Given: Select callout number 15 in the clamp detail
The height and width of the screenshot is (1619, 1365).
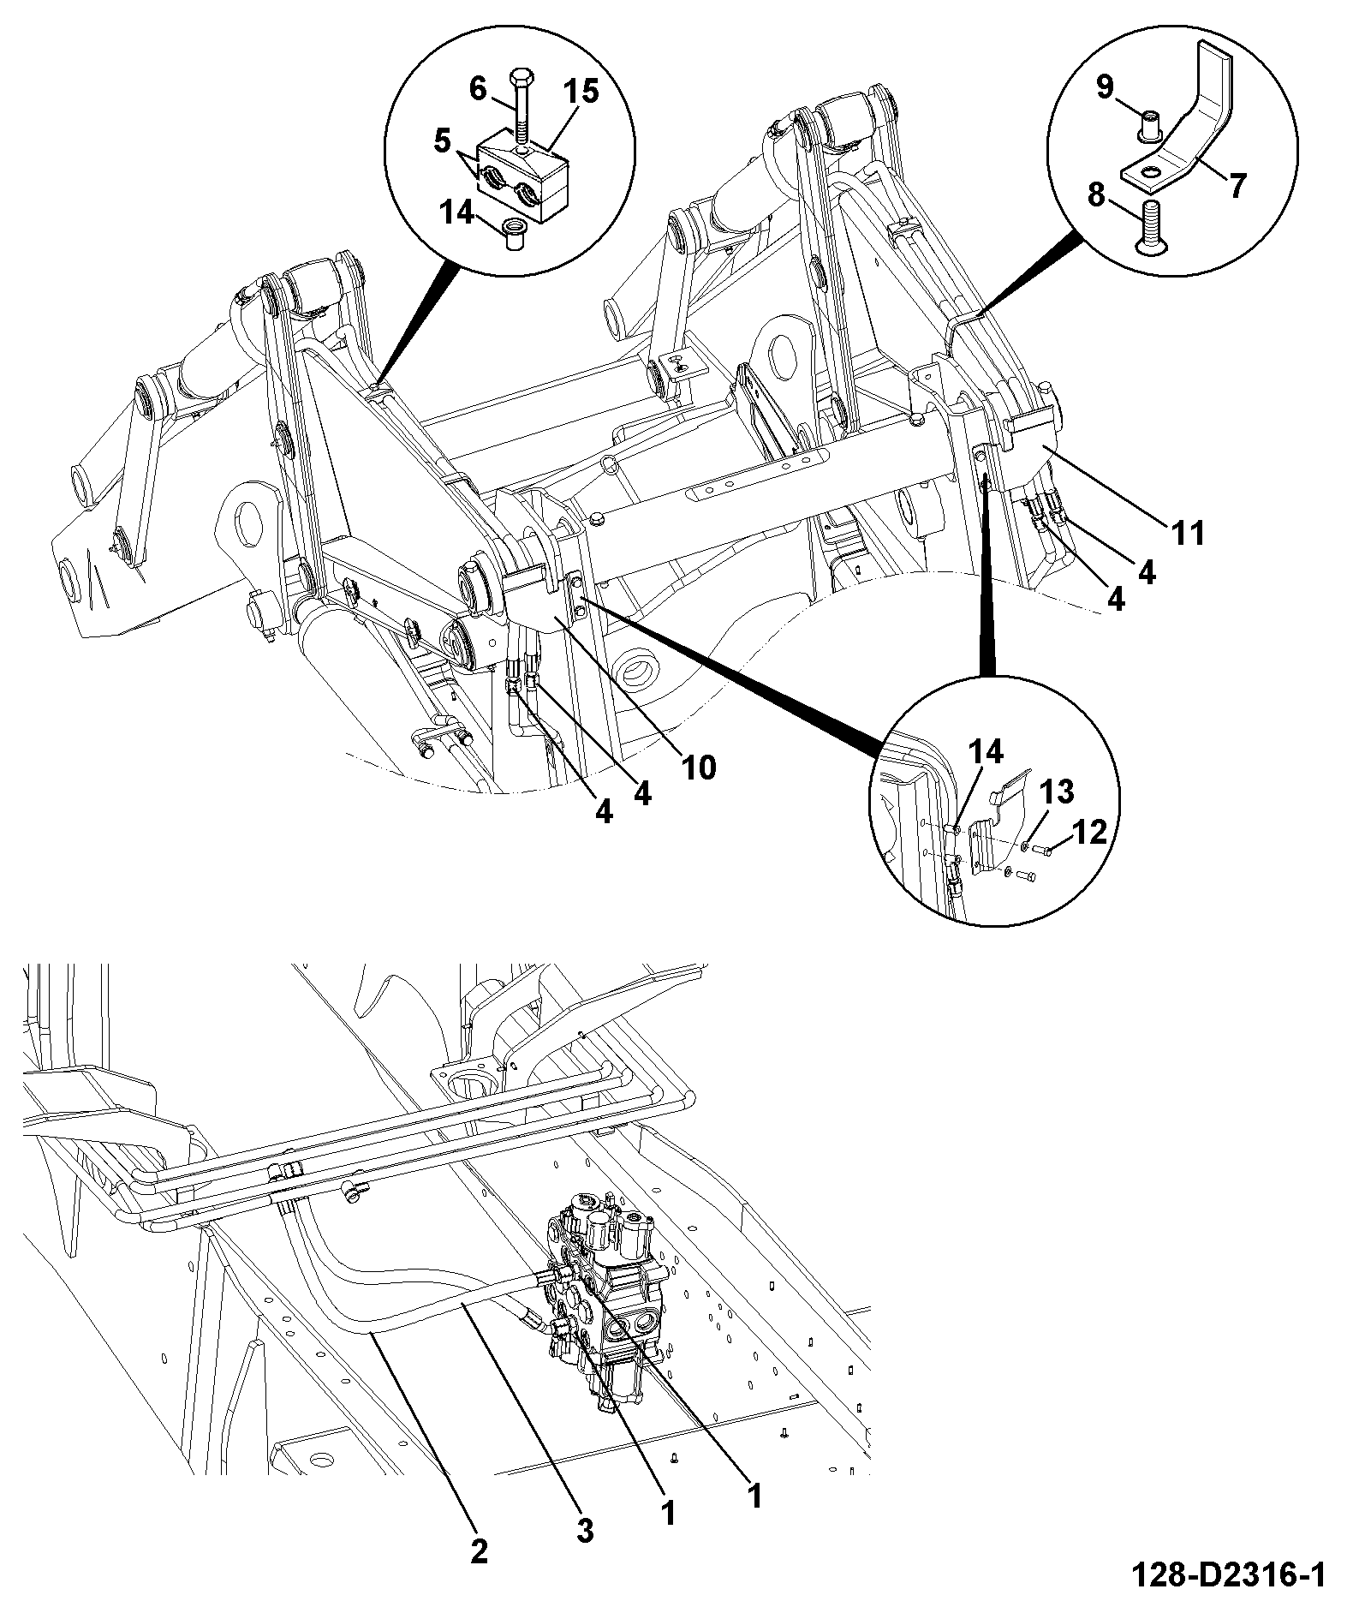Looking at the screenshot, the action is click(581, 92).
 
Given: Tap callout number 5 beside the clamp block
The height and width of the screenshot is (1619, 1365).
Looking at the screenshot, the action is click(443, 140).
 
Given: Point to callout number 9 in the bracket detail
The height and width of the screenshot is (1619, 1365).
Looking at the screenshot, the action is click(1105, 87).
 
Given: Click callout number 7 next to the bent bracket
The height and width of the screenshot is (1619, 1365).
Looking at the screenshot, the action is click(1237, 186).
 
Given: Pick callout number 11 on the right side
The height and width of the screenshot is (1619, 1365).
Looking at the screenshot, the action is click(1188, 533).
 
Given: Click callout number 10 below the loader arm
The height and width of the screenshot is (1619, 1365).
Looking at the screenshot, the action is click(698, 768).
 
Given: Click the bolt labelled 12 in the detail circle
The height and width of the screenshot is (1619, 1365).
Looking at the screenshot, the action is click(1041, 849).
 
